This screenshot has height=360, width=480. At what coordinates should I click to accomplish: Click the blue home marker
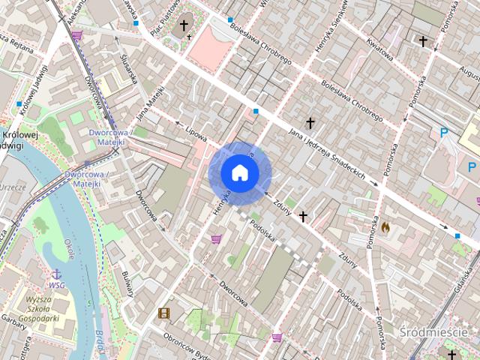pyautogui.click(x=239, y=173)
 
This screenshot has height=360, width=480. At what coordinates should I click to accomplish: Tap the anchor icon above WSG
pyautogui.click(x=56, y=274)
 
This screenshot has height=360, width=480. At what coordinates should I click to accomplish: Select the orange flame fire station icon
pyautogui.click(x=386, y=224)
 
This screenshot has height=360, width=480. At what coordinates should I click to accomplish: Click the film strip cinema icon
pyautogui.click(x=163, y=313)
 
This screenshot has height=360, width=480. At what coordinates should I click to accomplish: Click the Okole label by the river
pyautogui.click(x=69, y=248)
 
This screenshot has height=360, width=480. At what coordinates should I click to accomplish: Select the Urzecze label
pyautogui.click(x=13, y=187)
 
